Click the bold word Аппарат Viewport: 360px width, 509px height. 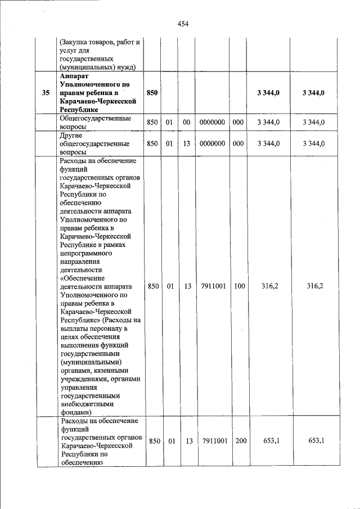click(x=73, y=75)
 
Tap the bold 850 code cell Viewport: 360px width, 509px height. click(x=152, y=92)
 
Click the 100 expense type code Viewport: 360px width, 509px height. click(x=239, y=286)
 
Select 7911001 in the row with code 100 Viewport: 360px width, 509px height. click(x=213, y=286)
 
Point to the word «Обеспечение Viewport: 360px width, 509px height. click(x=80, y=278)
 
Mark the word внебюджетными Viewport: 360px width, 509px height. click(x=87, y=403)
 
